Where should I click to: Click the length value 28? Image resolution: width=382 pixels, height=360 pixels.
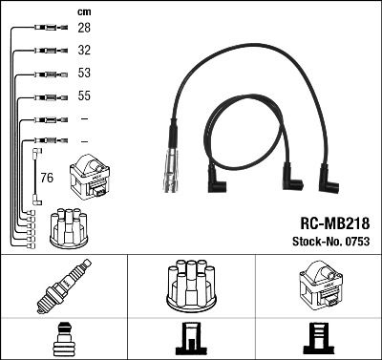click(83, 29)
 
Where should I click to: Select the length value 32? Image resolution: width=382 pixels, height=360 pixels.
click(83, 51)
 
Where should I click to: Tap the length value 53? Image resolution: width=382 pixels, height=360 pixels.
click(83, 74)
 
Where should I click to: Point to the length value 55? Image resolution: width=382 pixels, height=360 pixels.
click(83, 96)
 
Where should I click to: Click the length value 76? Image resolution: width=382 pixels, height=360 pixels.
click(47, 177)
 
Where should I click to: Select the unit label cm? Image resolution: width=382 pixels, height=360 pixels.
click(81, 11)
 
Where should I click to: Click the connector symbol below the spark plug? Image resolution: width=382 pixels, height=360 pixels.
click(63, 338)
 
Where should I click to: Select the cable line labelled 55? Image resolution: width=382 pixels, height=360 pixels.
click(42, 96)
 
